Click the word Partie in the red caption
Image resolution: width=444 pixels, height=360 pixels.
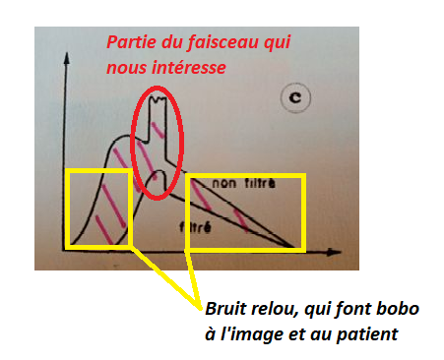[x=131, y=44]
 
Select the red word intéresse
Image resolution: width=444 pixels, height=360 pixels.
[x=191, y=68]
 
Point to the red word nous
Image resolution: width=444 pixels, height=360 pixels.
[x=126, y=68]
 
